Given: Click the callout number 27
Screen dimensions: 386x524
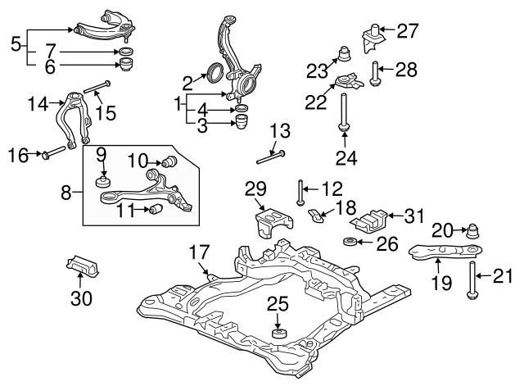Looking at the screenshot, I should click(407, 32).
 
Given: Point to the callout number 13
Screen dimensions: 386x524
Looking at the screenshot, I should click(280, 129).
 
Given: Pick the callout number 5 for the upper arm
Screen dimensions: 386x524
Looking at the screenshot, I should click(16, 43).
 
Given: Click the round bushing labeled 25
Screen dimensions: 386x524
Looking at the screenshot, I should click(278, 333).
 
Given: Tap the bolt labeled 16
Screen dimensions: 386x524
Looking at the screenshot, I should click(52, 152).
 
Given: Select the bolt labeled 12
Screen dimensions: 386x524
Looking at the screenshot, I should click(301, 191).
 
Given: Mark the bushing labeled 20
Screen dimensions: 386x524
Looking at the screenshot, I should click(472, 232).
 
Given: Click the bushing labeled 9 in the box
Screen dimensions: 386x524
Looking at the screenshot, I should click(104, 179).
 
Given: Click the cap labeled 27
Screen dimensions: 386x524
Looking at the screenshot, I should click(373, 39).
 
